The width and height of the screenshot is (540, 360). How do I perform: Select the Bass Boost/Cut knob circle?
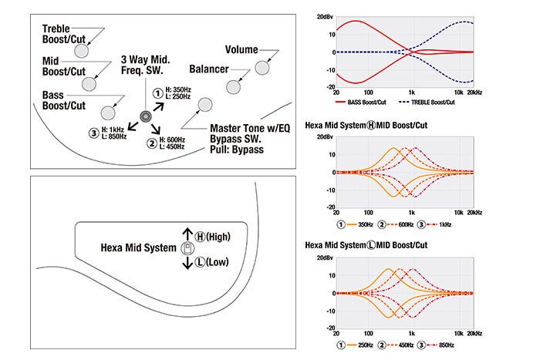pyautogui.click(x=108, y=110)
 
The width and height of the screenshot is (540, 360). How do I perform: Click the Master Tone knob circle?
pyautogui.click(x=204, y=104)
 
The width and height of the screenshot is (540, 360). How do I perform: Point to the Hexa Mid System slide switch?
pyautogui.click(x=185, y=248)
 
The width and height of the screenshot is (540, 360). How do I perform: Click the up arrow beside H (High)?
pyautogui.click(x=185, y=232)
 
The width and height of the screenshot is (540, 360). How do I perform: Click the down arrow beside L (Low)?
pyautogui.click(x=185, y=264)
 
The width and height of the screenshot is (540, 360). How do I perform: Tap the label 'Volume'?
pyautogui.click(x=241, y=49)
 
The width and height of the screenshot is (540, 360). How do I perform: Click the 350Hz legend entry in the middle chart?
pyautogui.click(x=363, y=224)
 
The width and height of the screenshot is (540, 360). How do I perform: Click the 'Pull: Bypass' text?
pyautogui.click(x=237, y=150)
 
